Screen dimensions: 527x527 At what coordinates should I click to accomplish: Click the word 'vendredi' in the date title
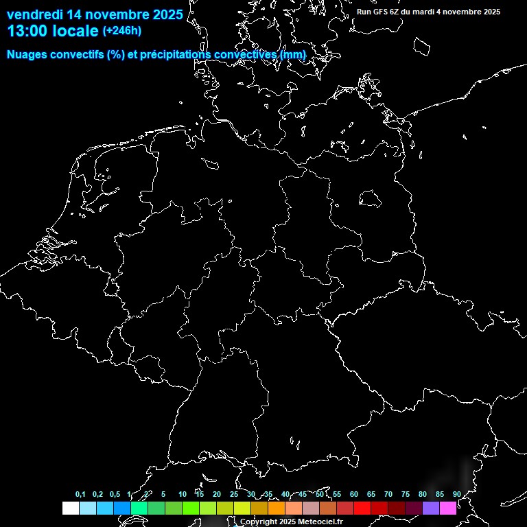[x=34, y=14]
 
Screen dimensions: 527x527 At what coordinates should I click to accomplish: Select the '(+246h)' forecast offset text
[x=122, y=31]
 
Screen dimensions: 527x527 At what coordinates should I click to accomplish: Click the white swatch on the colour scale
[x=70, y=508]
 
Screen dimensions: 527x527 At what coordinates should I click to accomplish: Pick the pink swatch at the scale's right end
[x=448, y=508]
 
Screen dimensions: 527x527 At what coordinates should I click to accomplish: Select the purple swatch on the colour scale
[x=431, y=508]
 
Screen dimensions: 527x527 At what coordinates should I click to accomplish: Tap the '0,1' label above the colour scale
[x=80, y=494]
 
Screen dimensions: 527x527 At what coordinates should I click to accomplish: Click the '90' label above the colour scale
[x=457, y=494]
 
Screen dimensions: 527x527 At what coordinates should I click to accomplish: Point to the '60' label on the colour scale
[x=354, y=494]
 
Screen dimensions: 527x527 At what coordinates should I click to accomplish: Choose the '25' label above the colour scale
[x=234, y=494]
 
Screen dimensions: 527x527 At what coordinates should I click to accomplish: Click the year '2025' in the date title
[x=165, y=14]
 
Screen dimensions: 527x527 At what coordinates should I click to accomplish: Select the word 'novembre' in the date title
[x=113, y=14]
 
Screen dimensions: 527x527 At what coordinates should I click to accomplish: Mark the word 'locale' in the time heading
[x=76, y=32]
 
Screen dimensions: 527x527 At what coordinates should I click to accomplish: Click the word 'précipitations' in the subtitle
[x=172, y=54]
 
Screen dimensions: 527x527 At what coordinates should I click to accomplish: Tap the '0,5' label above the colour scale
[x=115, y=494]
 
